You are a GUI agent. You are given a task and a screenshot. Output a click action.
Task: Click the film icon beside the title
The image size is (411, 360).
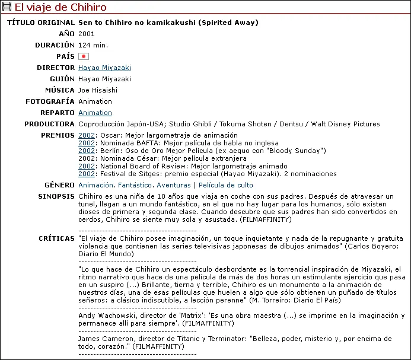tap(7, 8)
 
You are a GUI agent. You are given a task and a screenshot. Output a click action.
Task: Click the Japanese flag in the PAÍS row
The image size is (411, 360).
tap(84, 56)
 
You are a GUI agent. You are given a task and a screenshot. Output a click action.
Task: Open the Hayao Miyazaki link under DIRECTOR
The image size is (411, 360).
tap(104, 68)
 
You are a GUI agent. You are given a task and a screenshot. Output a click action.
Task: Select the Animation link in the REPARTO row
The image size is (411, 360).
tap(95, 113)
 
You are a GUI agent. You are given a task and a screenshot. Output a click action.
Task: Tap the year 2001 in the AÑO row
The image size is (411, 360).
tap(86, 34)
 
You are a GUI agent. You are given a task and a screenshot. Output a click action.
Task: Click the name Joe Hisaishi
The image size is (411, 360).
tap(98, 90)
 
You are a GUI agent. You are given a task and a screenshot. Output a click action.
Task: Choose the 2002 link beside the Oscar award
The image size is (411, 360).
tap(87, 136)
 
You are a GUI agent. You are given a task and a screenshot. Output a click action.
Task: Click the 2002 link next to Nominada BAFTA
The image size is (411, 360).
tap(87, 144)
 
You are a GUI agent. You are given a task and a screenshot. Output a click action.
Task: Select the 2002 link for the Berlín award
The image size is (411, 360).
tap(87, 151)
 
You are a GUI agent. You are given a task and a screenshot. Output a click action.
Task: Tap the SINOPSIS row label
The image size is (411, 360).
tap(56, 196)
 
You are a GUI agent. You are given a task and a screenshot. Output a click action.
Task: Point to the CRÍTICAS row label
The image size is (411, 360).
tap(57, 238)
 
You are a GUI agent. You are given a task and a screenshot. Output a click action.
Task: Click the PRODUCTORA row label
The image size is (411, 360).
tap(49, 124)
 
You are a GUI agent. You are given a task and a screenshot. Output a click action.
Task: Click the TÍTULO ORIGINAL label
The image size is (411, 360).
tap(41, 23)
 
